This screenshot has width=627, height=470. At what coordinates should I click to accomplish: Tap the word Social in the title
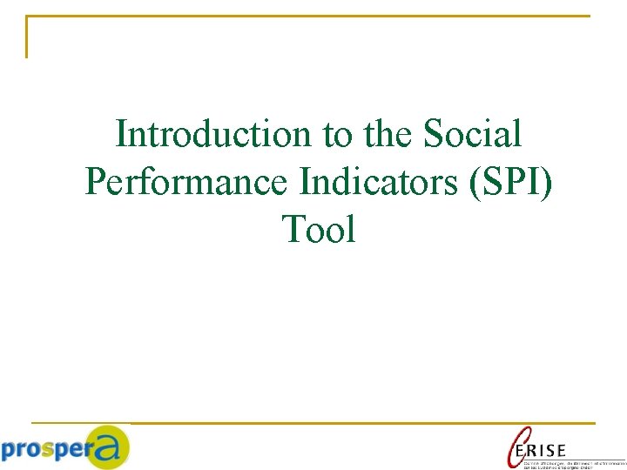472,134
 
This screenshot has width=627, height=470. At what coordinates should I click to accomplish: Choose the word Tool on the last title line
319,230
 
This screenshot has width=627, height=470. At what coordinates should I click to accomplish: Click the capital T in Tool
292,230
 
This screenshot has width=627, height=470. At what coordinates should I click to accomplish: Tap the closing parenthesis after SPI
546,182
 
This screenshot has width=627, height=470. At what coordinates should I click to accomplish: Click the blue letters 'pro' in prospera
22,450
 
